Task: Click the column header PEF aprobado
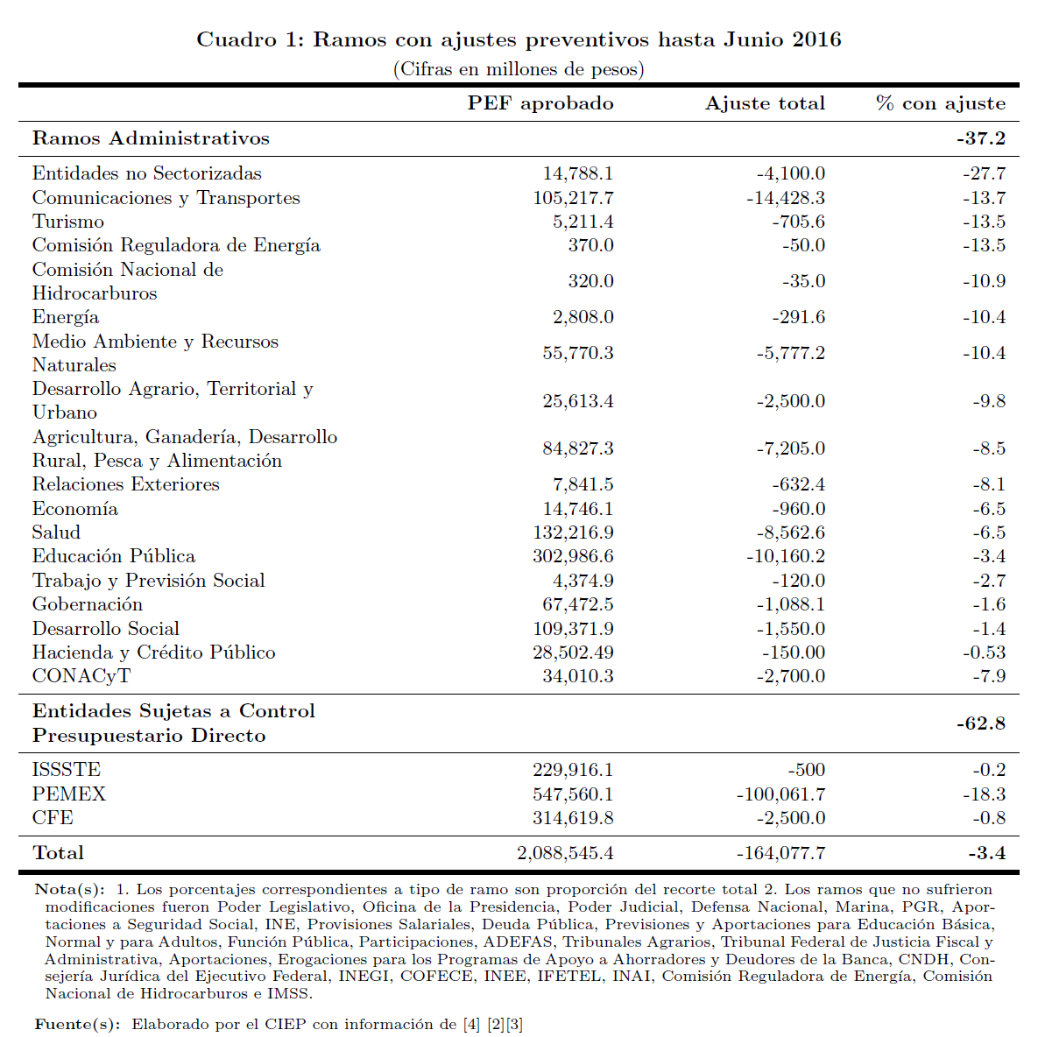click(540, 103)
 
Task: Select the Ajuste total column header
click(765, 103)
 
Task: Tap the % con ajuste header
click(941, 103)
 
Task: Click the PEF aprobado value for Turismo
click(583, 222)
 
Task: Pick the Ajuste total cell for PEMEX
click(780, 794)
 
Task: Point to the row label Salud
click(56, 533)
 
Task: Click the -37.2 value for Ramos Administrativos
click(980, 138)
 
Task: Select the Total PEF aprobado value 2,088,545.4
click(565, 853)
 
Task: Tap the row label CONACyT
click(81, 676)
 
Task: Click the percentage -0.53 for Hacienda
click(984, 653)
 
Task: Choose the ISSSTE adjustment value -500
click(806, 770)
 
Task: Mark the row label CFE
click(53, 818)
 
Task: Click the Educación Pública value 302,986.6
click(573, 556)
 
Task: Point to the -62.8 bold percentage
click(980, 723)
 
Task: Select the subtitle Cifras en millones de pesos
click(519, 68)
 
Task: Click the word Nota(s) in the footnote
click(68, 889)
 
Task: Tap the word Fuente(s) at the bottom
click(76, 1024)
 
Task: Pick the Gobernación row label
click(88, 604)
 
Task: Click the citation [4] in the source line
click(471, 1024)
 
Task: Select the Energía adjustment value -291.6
click(798, 317)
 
